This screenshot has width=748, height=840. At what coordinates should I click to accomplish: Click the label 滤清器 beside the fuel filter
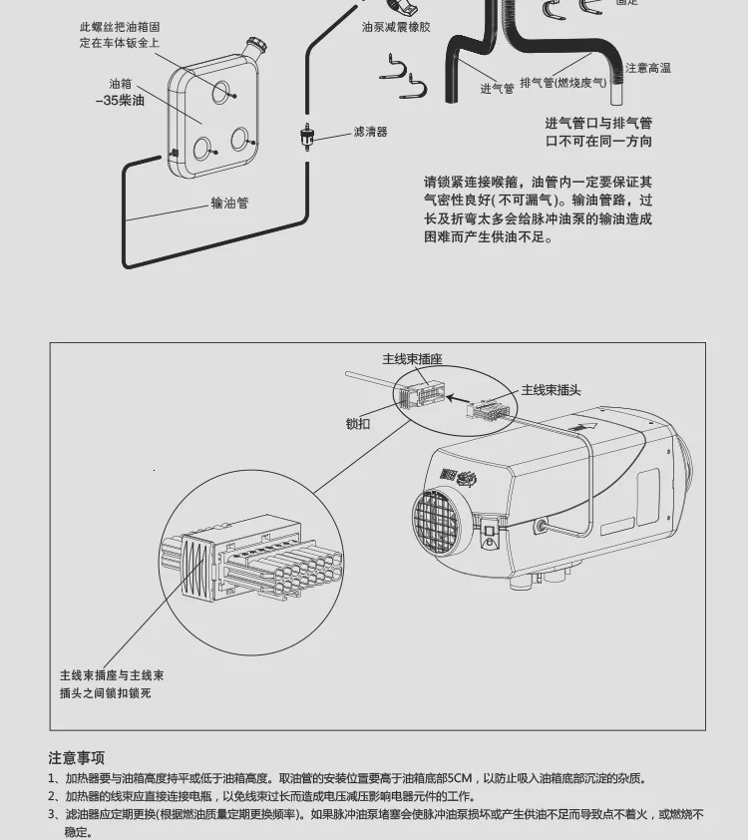370,132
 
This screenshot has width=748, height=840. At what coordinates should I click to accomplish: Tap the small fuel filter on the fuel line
307,136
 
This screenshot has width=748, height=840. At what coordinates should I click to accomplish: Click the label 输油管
229,203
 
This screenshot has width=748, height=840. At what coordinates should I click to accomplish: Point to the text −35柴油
120,102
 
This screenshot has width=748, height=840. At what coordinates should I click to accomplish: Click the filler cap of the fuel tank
256,46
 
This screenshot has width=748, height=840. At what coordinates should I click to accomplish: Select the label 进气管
497,89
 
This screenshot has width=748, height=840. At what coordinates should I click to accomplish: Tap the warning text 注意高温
647,68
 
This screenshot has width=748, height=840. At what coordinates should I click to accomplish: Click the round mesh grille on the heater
439,526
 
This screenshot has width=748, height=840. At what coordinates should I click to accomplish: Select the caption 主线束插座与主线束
112,675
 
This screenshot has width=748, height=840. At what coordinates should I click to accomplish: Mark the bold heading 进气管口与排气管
598,124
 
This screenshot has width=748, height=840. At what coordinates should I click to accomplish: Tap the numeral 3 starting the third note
52,815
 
